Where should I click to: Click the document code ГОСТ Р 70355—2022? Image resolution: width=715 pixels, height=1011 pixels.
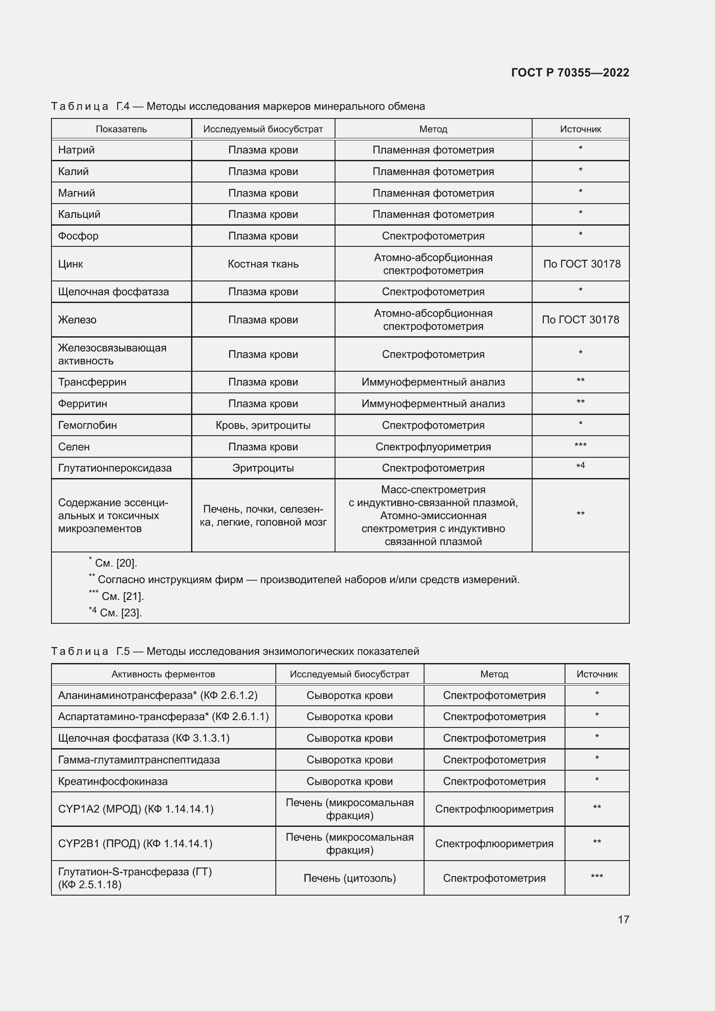(x=570, y=73)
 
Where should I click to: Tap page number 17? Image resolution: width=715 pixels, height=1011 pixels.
(x=623, y=919)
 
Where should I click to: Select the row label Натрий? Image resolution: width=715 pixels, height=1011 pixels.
(x=77, y=150)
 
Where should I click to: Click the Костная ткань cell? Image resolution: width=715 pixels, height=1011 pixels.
(x=263, y=264)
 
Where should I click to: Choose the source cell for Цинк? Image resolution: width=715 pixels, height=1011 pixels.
(x=581, y=264)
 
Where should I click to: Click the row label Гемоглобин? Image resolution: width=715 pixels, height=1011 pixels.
(x=88, y=425)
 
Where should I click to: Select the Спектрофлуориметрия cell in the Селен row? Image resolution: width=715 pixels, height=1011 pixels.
(x=433, y=447)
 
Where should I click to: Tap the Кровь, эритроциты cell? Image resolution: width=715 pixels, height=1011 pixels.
(x=263, y=425)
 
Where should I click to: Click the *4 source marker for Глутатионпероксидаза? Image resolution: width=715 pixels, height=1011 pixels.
(x=580, y=466)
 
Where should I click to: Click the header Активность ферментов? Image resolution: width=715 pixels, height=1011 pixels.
(x=163, y=674)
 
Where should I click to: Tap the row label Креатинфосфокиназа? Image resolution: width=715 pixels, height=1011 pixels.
(x=113, y=781)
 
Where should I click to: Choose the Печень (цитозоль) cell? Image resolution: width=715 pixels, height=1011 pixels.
(x=350, y=878)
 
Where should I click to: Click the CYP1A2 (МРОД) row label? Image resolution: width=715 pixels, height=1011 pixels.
(x=136, y=809)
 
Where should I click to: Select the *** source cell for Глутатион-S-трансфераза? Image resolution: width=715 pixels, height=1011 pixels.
(x=597, y=877)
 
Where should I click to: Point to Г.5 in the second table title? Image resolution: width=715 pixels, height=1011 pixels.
(x=123, y=651)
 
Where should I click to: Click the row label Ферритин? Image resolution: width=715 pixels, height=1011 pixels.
(x=83, y=404)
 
